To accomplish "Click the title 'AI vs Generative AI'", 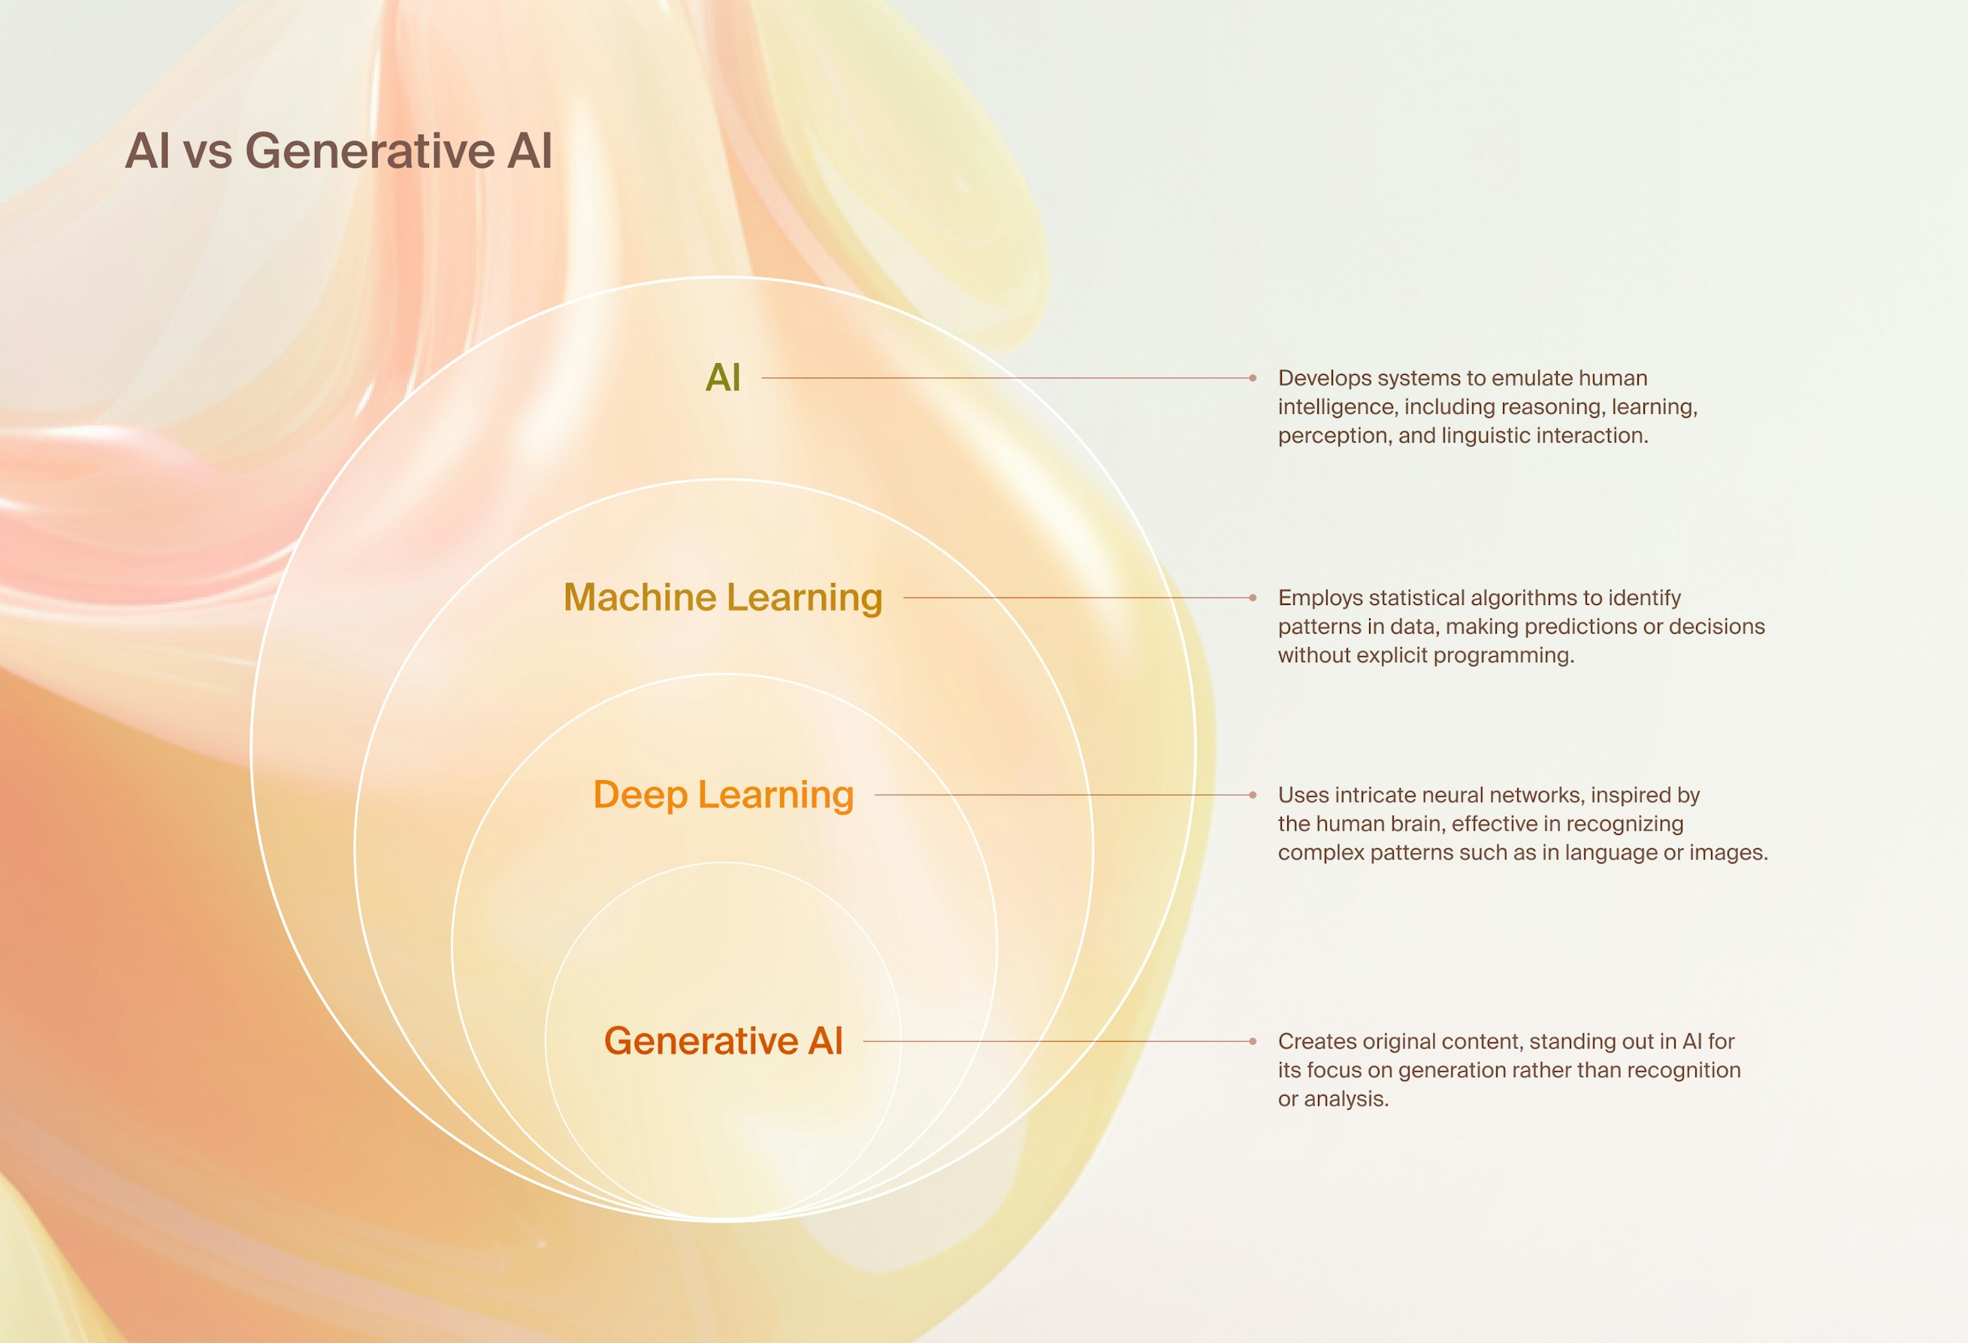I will coord(338,151).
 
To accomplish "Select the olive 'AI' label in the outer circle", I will coord(722,378).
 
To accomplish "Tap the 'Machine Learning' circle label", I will coord(722,597).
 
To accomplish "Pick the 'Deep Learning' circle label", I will coord(722,795).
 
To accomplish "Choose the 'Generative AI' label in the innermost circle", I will coord(722,1041).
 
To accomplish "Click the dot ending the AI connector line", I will coord(1253,378).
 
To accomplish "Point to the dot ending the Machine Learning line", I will coord(1253,597).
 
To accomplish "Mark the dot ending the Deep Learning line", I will coord(1253,795).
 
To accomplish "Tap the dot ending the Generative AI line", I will coord(1253,1041).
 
